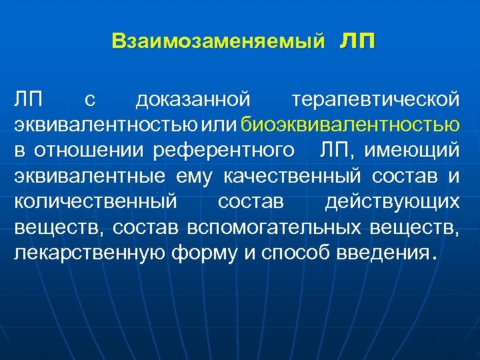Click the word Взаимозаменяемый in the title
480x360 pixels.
coord(219,41)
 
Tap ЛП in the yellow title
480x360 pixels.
coord(357,41)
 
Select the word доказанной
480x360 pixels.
coord(193,100)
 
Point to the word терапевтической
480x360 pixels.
coord(375,100)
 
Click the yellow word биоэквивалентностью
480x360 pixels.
coord(351,125)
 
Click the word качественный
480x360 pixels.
coord(293,175)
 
